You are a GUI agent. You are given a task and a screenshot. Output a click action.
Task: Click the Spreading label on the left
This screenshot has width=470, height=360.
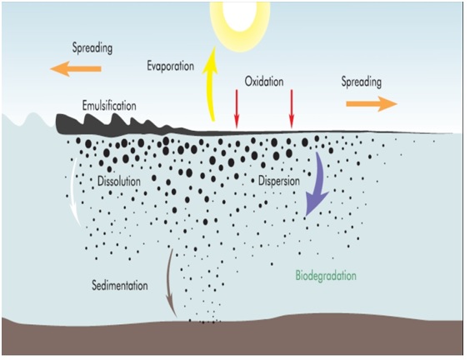pyautogui.click(x=92, y=48)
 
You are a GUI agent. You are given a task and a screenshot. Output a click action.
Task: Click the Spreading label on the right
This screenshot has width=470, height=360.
pyautogui.click(x=362, y=82)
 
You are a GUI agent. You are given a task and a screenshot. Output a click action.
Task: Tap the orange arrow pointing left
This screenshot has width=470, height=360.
pyautogui.click(x=76, y=68)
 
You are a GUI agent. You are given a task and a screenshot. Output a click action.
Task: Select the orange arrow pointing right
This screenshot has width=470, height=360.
pyautogui.click(x=372, y=103)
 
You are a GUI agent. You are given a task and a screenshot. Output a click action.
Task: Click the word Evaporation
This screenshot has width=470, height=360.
pyautogui.click(x=170, y=66)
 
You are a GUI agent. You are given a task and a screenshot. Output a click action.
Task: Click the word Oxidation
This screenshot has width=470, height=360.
pyautogui.click(x=264, y=82)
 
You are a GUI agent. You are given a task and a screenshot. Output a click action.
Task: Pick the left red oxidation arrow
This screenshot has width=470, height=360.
pyautogui.click(x=237, y=109)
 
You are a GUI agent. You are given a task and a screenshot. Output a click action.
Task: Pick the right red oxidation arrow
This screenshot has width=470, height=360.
pyautogui.click(x=292, y=109)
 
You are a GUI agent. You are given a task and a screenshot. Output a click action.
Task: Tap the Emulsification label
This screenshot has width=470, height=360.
pyautogui.click(x=109, y=106)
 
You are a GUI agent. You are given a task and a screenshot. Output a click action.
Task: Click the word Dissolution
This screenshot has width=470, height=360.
pyautogui.click(x=119, y=182)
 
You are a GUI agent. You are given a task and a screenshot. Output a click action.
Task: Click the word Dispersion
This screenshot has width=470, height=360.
pyautogui.click(x=279, y=181)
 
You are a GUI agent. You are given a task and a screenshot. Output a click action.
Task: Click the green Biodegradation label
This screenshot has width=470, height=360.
pyautogui.click(x=326, y=276)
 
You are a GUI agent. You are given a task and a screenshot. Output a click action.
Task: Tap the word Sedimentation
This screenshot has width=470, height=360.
pyautogui.click(x=120, y=285)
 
